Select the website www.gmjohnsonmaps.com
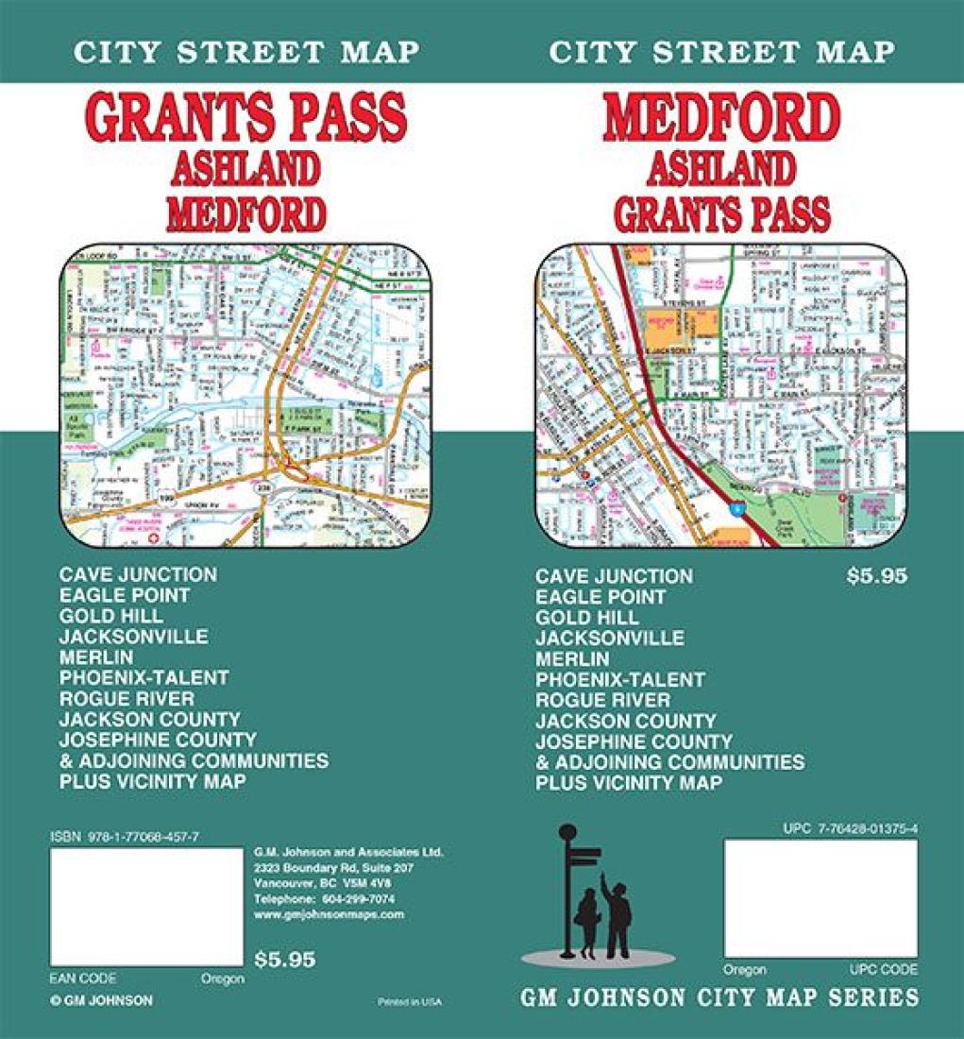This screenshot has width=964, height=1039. [329, 914]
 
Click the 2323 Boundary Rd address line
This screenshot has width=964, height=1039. [334, 867]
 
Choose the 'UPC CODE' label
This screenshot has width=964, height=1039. [885, 970]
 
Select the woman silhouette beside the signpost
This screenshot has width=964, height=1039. [586, 923]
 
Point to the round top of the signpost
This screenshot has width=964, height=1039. [567, 832]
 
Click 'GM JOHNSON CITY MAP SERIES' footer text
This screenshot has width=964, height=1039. [720, 998]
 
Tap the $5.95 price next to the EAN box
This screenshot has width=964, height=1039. [285, 960]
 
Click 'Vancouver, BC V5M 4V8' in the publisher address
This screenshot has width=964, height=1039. [323, 883]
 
